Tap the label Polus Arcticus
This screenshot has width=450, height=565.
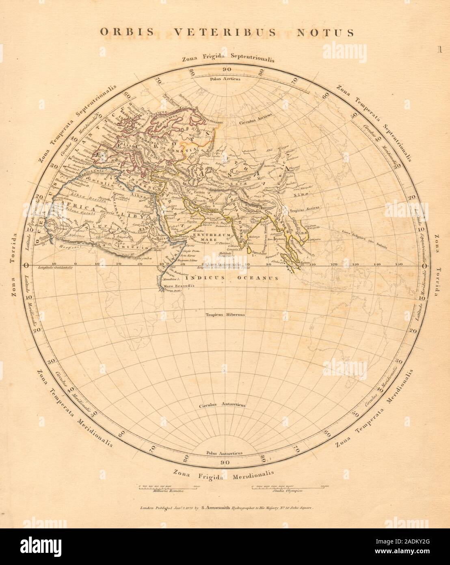225,79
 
